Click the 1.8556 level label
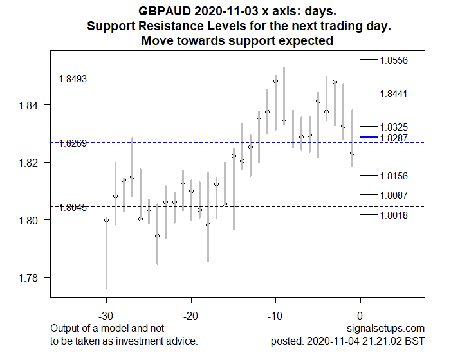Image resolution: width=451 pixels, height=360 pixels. coord(393,60)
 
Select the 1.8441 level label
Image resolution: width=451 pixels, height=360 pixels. coord(393,94)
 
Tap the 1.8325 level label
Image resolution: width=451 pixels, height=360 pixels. coord(393,127)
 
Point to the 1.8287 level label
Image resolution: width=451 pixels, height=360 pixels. coord(393,138)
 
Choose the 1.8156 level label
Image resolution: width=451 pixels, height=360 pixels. coord(393,176)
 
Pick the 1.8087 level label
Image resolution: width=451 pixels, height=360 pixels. coord(393,195)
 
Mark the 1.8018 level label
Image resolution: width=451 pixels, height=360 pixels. coord(393,215)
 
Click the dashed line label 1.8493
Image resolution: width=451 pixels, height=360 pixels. coord(73,79)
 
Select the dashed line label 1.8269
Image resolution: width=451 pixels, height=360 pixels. coord(73,143)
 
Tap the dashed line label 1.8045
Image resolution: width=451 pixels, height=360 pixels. coord(73,208)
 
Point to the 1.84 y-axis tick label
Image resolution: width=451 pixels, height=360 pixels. coord(30,105)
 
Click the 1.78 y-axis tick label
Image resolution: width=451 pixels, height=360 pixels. coord(30,278)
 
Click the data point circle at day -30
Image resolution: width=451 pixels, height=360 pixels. coord(107,221)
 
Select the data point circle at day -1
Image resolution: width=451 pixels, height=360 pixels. coord(352,154)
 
